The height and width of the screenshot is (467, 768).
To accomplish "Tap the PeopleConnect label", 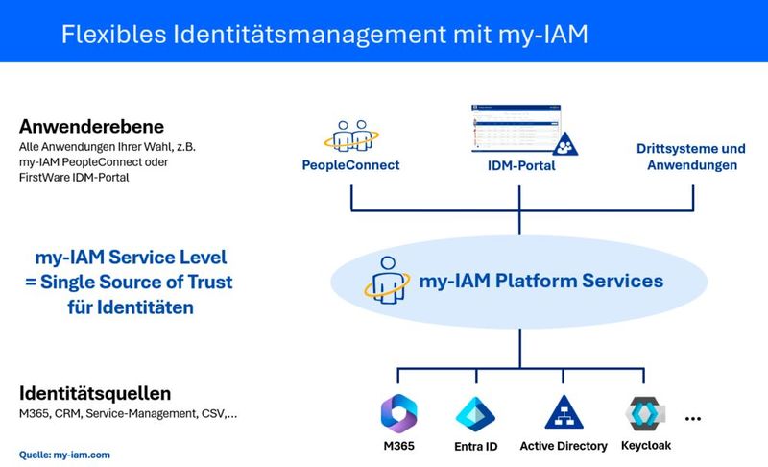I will tap(351, 165).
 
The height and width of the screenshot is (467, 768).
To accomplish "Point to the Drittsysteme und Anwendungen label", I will tap(691, 157).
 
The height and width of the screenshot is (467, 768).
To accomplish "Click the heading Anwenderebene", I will tap(91, 126).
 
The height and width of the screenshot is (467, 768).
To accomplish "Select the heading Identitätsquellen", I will tap(95, 393).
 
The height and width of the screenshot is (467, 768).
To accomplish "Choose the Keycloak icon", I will tap(642, 412).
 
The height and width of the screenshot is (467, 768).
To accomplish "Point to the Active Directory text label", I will tap(564, 446).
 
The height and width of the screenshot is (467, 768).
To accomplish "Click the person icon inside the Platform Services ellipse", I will tap(384, 280).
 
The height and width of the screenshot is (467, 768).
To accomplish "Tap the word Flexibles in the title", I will tap(111, 35).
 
